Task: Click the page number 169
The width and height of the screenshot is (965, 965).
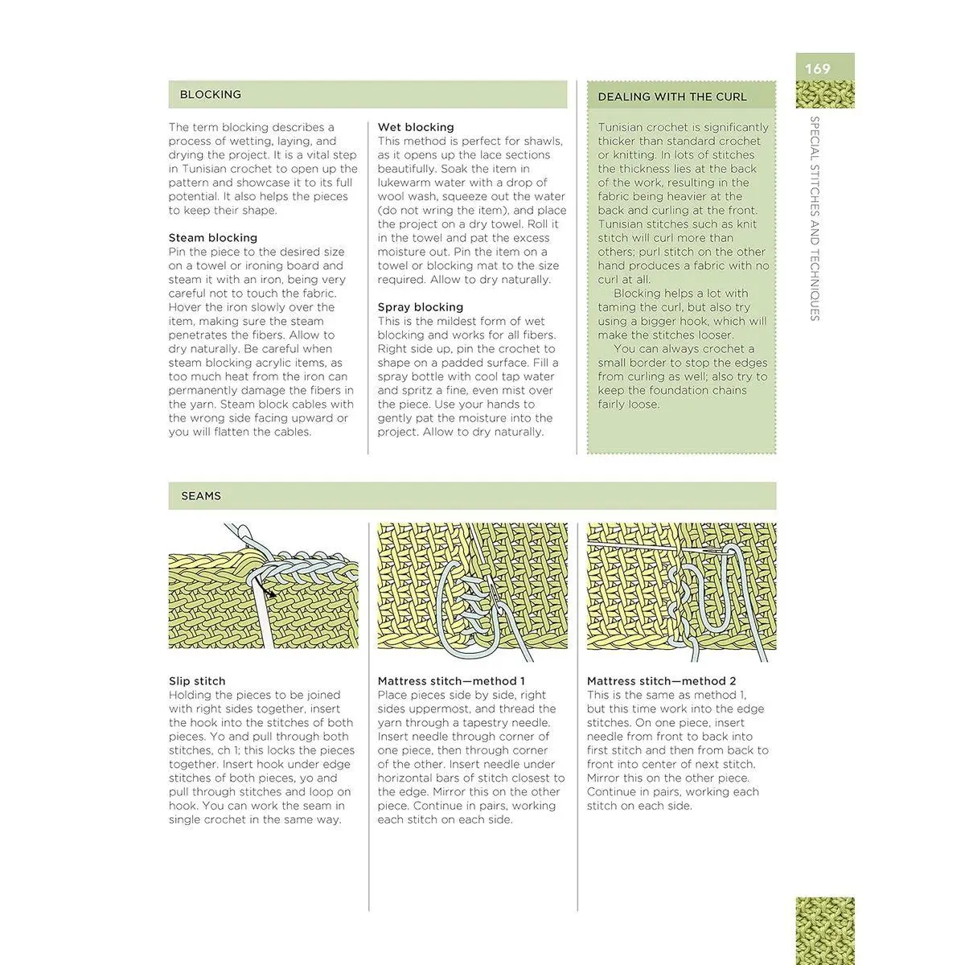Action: (x=817, y=69)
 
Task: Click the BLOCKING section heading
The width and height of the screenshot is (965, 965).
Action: (x=210, y=94)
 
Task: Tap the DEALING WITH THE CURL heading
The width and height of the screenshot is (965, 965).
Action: (x=672, y=96)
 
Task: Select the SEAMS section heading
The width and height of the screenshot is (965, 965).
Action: (x=201, y=496)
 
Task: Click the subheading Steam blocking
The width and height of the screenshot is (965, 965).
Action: (x=213, y=238)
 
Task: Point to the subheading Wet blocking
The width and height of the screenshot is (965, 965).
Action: (x=416, y=127)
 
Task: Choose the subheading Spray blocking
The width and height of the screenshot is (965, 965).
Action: (x=421, y=307)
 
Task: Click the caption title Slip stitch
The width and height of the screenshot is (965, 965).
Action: (x=197, y=681)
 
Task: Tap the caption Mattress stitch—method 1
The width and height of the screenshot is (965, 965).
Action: (x=451, y=681)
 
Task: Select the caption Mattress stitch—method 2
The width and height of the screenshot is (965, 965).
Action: (x=661, y=681)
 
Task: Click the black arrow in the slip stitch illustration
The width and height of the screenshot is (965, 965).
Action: (x=269, y=590)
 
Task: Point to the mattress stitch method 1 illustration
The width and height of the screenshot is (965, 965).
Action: (x=472, y=586)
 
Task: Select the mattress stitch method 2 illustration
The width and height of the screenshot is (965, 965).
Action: (x=681, y=586)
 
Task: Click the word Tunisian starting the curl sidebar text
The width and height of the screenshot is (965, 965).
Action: (x=623, y=127)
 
